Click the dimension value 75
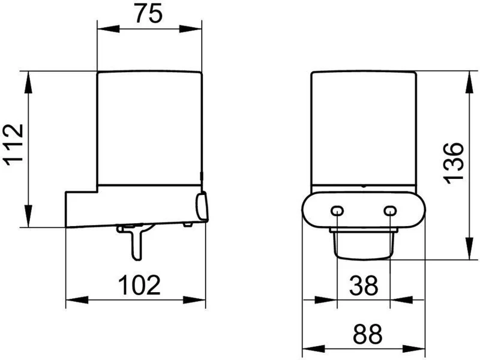(x=148, y=14)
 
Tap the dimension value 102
(x=139, y=285)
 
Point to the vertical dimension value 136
(x=454, y=163)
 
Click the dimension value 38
(x=364, y=286)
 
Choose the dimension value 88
(x=368, y=334)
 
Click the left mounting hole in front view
(x=337, y=211)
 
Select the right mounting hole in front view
(x=390, y=211)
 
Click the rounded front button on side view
(x=202, y=206)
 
